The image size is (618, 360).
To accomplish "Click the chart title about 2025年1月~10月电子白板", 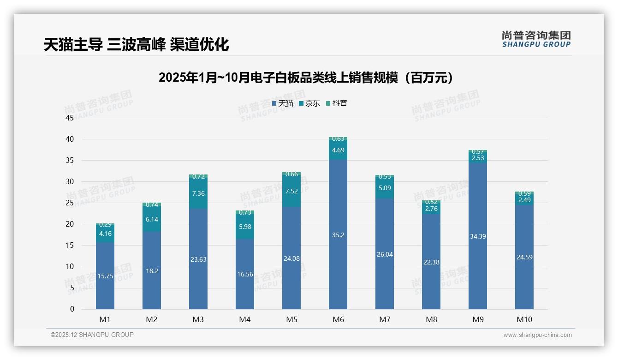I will pyautogui.click(x=306, y=78).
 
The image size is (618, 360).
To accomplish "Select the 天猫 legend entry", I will pyautogui.click(x=282, y=103).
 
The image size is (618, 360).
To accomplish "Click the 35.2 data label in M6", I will pyautogui.click(x=338, y=235).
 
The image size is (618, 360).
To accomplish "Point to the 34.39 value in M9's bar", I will pyautogui.click(x=477, y=236).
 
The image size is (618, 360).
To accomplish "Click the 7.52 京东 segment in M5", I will pyautogui.click(x=291, y=191).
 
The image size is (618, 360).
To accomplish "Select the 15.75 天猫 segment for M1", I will pyautogui.click(x=105, y=276).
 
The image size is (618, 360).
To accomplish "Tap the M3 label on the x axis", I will pyautogui.click(x=198, y=319).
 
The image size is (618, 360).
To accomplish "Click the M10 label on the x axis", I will pyautogui.click(x=524, y=319).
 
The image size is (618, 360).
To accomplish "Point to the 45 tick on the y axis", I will pyautogui.click(x=70, y=118).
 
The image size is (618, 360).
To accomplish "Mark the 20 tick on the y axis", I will pyautogui.click(x=70, y=224).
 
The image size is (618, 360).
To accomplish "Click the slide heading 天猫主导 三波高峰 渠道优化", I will pyautogui.click(x=136, y=45).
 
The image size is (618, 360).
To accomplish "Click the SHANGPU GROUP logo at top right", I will pyautogui.click(x=536, y=39).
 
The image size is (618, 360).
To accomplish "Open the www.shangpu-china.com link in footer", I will pyautogui.click(x=537, y=335).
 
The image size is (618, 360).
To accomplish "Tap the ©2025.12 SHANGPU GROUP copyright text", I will pyautogui.click(x=92, y=335).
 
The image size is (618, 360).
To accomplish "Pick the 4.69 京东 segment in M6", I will pyautogui.click(x=338, y=150).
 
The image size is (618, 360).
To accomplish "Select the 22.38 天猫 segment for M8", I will pyautogui.click(x=431, y=262).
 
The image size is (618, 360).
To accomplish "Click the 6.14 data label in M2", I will pyautogui.click(x=152, y=220).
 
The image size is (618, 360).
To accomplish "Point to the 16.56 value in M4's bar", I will pyautogui.click(x=245, y=274).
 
